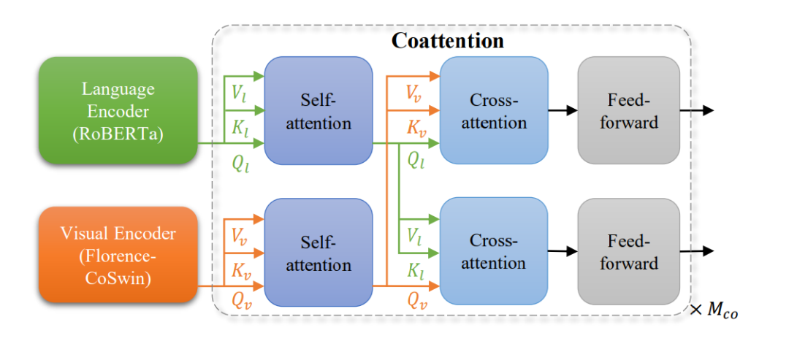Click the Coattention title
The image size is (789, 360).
point(447,40)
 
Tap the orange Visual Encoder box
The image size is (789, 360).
point(118,254)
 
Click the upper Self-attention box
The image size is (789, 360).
point(318,110)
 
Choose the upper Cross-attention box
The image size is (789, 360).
point(493,110)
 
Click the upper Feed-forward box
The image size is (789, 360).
point(628,110)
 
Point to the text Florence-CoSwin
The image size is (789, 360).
point(118,267)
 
